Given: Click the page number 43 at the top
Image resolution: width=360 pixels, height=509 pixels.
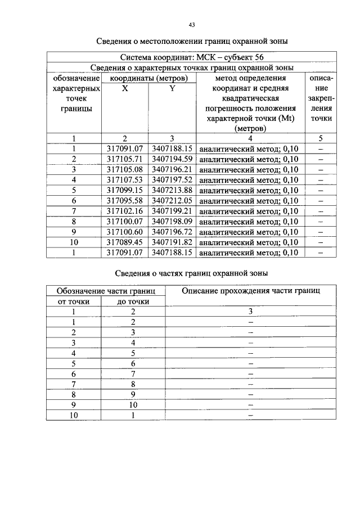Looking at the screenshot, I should (x=192, y=25).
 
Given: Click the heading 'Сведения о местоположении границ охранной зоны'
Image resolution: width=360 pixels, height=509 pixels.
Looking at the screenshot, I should (x=191, y=42).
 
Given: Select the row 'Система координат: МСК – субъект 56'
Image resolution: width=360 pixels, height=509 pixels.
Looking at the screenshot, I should (x=191, y=57).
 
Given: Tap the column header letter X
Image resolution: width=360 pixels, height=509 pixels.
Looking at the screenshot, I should (x=125, y=88).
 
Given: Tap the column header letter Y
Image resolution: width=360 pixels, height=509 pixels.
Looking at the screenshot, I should (x=172, y=88).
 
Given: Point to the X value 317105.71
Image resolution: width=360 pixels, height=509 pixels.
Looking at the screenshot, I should (x=125, y=159).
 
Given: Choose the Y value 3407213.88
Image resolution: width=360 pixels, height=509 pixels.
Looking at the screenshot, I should (x=172, y=190).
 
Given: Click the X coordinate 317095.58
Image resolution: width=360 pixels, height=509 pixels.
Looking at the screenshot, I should (x=125, y=201).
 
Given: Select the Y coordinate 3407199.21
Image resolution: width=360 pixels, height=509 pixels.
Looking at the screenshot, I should (x=172, y=211).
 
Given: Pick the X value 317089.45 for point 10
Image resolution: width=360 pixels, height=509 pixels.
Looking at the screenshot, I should (x=125, y=242).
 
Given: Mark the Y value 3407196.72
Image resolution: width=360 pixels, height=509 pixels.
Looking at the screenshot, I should (x=172, y=232).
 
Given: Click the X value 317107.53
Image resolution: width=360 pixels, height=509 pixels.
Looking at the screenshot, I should (x=125, y=180).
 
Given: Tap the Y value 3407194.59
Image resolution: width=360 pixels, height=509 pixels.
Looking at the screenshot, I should (x=172, y=159).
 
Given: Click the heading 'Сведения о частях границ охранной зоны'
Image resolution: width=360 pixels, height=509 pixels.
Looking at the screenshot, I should (x=191, y=273).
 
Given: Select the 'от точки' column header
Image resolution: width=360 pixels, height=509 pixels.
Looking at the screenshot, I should (x=73, y=301).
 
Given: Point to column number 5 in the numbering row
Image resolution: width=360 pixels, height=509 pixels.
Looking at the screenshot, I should (x=321, y=138).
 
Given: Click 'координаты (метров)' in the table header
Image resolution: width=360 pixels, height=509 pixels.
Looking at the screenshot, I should (x=148, y=78).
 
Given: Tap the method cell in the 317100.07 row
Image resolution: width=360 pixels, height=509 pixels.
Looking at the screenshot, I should (x=249, y=222).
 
